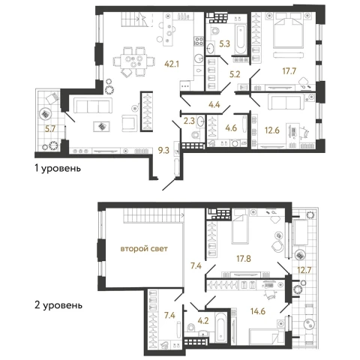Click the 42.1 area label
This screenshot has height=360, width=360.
[x=172, y=64]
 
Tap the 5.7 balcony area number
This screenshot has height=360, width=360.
[x=50, y=129]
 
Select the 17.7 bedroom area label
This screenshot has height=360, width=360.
[x=289, y=71]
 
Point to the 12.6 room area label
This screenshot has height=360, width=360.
[x=272, y=130]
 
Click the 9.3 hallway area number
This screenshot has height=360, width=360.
[x=163, y=150]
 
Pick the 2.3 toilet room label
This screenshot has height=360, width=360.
[x=189, y=121]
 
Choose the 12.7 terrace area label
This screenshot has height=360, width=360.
[x=304, y=270]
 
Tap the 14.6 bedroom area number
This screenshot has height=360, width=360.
[x=258, y=311]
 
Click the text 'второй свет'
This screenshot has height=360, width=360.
[x=144, y=249]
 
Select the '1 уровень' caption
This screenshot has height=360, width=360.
[x=58, y=169]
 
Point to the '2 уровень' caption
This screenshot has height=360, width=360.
[x=58, y=305]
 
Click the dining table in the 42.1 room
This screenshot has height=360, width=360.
[x=133, y=61]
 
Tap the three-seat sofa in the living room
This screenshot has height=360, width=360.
[x=93, y=106]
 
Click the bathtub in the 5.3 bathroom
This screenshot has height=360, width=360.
[x=241, y=39]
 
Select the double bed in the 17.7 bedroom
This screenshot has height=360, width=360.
[x=289, y=30]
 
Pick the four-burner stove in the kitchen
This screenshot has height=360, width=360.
[x=199, y=41]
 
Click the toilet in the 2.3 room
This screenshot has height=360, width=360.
[x=196, y=135]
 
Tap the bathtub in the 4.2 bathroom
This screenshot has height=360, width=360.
[x=221, y=327]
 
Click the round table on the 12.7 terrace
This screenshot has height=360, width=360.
[x=310, y=325]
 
